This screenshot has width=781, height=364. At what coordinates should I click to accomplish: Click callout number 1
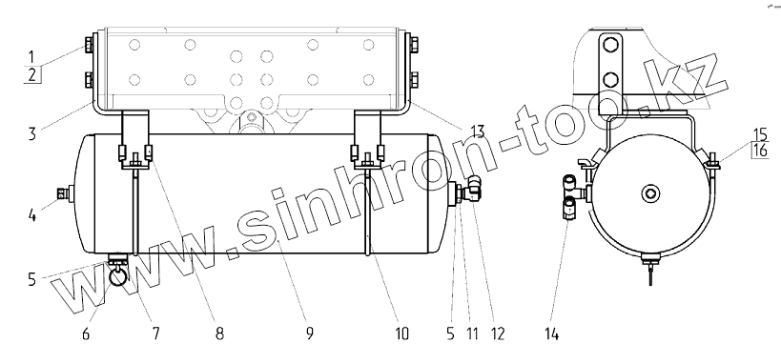pos(31,56)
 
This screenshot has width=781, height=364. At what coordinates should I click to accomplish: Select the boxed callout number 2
pos(32,74)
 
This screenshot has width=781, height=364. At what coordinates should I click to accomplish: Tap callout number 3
pos(31,133)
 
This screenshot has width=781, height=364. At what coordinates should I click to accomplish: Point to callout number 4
pos(31,217)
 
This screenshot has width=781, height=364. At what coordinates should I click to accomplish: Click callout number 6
pos(86,334)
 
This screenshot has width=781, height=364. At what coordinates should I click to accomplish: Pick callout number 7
pos(155,334)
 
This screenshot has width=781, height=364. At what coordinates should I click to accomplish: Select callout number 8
pos(219,334)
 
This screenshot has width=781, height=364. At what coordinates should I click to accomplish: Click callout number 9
pos(309,334)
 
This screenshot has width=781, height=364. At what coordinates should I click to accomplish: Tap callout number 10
pos(401,334)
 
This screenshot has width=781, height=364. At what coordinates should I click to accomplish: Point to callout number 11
pos(472,334)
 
